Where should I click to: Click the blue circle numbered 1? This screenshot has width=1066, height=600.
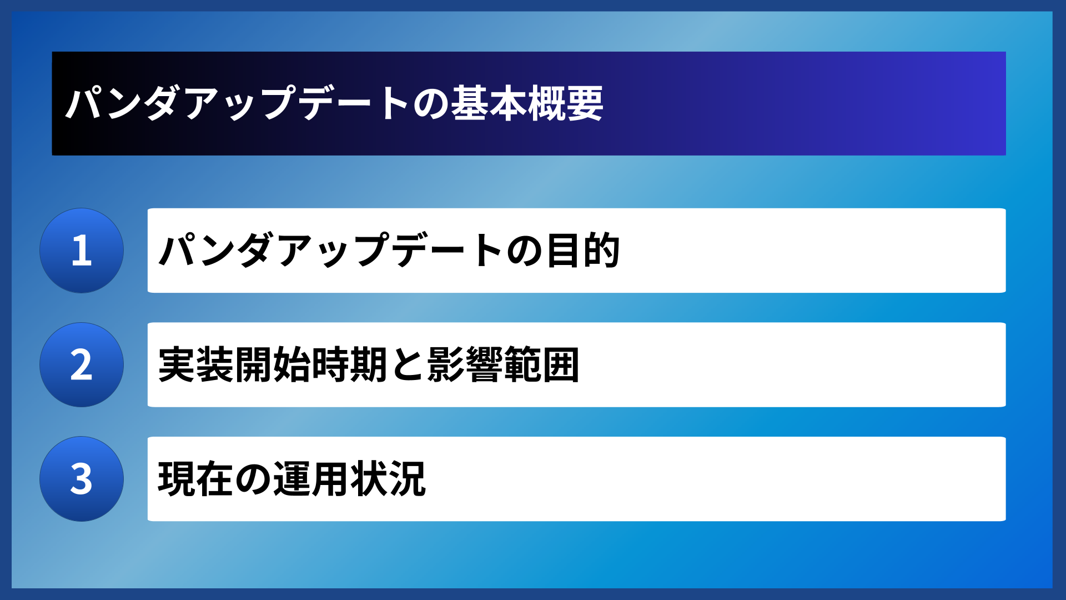click(x=82, y=251)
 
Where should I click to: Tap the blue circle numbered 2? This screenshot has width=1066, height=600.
click(x=82, y=365)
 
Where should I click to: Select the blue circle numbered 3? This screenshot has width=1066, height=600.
click(x=82, y=479)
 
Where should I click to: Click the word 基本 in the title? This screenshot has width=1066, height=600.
click(x=489, y=103)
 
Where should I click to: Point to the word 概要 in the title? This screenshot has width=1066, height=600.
click(x=565, y=103)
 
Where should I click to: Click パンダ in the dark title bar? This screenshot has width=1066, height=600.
click(x=123, y=103)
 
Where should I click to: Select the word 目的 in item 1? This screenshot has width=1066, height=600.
click(x=583, y=251)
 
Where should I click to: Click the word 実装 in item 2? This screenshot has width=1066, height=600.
click(x=196, y=365)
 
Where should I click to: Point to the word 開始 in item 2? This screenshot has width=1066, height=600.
click(x=273, y=365)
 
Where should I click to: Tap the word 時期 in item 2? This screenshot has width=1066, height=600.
click(x=349, y=365)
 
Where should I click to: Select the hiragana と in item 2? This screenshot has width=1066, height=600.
click(x=407, y=365)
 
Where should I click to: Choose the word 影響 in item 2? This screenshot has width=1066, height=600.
click(x=465, y=365)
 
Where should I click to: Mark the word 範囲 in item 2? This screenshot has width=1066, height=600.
click(x=541, y=365)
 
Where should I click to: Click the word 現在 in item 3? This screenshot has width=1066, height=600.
click(x=196, y=479)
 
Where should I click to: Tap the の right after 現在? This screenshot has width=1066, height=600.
click(x=253, y=479)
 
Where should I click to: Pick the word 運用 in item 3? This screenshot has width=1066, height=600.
click(x=311, y=479)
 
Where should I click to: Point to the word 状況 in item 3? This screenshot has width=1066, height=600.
click(x=388, y=479)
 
